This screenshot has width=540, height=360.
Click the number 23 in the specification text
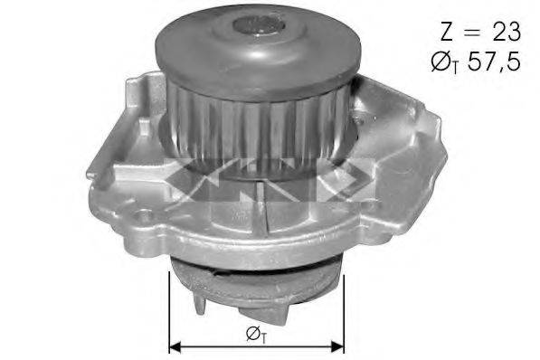[507, 32]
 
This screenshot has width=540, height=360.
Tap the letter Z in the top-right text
[447, 32]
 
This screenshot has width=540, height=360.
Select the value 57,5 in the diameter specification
[494, 62]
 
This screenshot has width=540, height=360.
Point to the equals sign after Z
[471, 32]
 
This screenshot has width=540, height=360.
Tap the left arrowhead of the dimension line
[175, 346]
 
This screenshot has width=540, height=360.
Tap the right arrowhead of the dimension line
[338, 346]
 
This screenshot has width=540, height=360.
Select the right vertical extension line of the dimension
[344, 315]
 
